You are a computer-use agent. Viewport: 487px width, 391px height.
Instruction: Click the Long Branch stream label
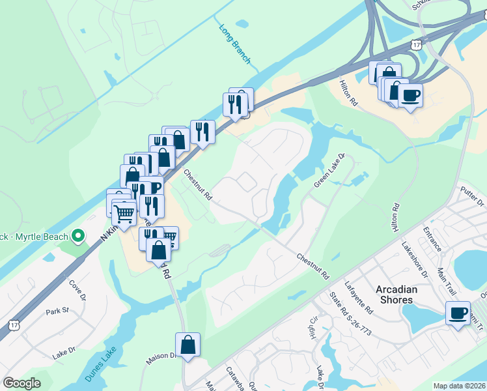pyautogui.click(x=234, y=43)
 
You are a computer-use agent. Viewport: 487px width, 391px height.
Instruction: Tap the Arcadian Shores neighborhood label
pyautogui.click(x=395, y=294)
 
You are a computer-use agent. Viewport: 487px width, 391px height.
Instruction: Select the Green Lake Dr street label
pyautogui.click(x=329, y=171)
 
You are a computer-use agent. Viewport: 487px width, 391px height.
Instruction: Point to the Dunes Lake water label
pyautogui.click(x=101, y=368)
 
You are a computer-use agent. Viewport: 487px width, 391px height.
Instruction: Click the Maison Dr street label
pyautogui.click(x=165, y=355)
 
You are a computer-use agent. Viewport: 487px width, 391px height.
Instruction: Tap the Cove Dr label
pyautogui.click(x=76, y=289)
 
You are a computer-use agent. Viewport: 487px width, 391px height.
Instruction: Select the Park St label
pyautogui.click(x=57, y=311)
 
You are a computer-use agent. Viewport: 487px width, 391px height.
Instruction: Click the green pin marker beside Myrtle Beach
pyautogui.click(x=78, y=235)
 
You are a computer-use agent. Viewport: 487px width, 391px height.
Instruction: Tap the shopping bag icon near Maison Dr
pyautogui.click(x=188, y=345)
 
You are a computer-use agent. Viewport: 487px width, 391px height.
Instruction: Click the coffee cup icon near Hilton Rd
pyautogui.click(x=410, y=95)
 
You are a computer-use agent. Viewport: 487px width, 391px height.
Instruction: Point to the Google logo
pyautogui.click(x=21, y=383)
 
